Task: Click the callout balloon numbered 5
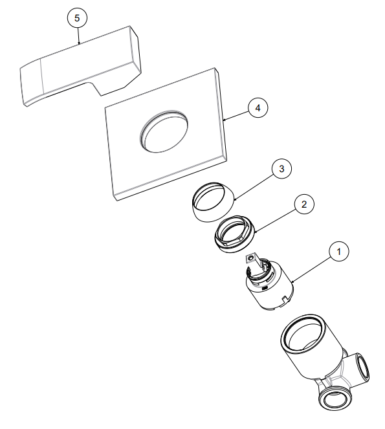click(77, 18)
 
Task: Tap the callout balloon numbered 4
click(258, 108)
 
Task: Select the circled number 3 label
click(282, 169)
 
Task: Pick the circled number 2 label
click(304, 204)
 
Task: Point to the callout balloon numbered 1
click(339, 251)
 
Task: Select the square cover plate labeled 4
click(166, 134)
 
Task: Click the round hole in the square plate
click(164, 132)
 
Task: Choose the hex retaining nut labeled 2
click(234, 234)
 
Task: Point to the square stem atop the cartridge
click(254, 262)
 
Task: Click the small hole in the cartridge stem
click(250, 258)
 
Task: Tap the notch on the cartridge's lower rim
click(284, 298)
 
